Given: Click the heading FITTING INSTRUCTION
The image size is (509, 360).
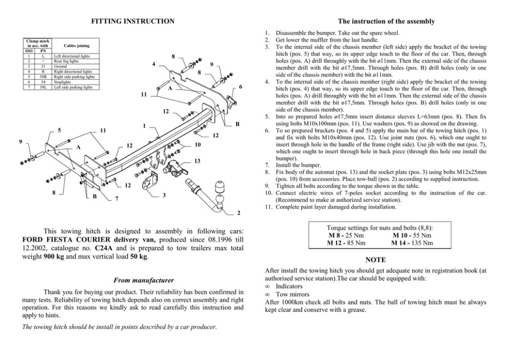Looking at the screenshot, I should coord(132,22).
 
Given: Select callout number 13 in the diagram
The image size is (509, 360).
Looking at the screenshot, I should coord(197,161).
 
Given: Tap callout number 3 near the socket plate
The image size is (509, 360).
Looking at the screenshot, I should coord(164,196).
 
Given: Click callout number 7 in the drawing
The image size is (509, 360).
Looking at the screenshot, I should coord(117,198).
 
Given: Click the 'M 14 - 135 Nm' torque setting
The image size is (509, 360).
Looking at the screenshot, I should coord(412,242).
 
